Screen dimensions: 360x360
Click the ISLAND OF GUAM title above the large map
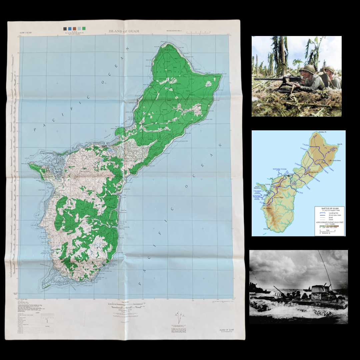(x=124, y=31)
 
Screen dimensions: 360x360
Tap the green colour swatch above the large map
(x=84, y=28)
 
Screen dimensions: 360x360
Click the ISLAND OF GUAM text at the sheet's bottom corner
(x=227, y=330)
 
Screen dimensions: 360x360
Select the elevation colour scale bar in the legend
(x=329, y=226)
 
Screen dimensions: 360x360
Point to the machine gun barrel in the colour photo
(x=267, y=79)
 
